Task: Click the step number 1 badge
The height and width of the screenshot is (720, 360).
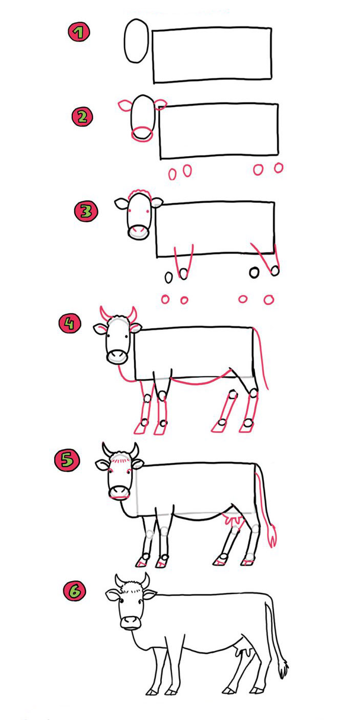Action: click(79, 33)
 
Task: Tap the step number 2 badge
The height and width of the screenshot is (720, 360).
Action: click(82, 117)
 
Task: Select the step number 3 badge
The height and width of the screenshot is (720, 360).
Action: click(86, 211)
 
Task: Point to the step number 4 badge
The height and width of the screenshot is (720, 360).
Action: click(70, 323)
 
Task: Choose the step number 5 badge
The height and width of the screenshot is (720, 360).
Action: click(67, 460)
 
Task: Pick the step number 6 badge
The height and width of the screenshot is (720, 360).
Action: click(75, 591)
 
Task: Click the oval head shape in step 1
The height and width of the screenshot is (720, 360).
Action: click(136, 40)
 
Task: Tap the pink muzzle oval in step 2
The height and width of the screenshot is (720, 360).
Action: click(142, 134)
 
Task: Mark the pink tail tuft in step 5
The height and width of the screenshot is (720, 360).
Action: click(272, 536)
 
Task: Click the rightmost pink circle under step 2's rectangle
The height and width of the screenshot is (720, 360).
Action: click(279, 168)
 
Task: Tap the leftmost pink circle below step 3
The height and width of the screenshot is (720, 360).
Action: click(165, 299)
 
